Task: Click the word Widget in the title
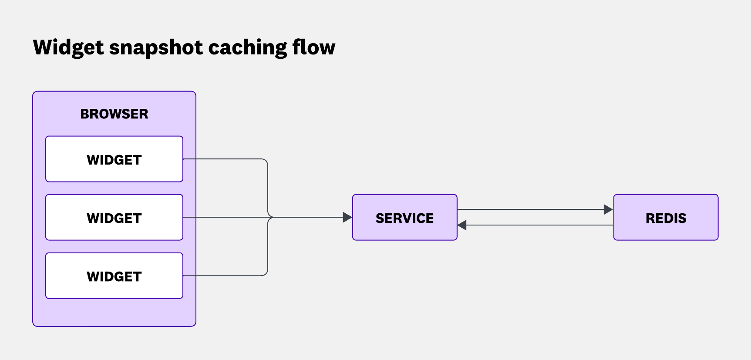(68, 47)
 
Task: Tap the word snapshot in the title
(156, 47)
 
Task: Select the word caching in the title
(247, 47)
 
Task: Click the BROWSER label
(114, 114)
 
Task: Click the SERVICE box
(404, 217)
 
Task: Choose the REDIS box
(666, 217)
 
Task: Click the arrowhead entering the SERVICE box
(347, 217)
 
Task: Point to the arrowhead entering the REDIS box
(608, 209)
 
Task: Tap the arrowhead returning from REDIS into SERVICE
(462, 225)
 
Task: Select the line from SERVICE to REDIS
(531, 209)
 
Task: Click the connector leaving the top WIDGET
(226, 159)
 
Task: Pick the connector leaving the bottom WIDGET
(226, 276)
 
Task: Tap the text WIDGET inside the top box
(114, 160)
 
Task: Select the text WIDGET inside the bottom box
(114, 276)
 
